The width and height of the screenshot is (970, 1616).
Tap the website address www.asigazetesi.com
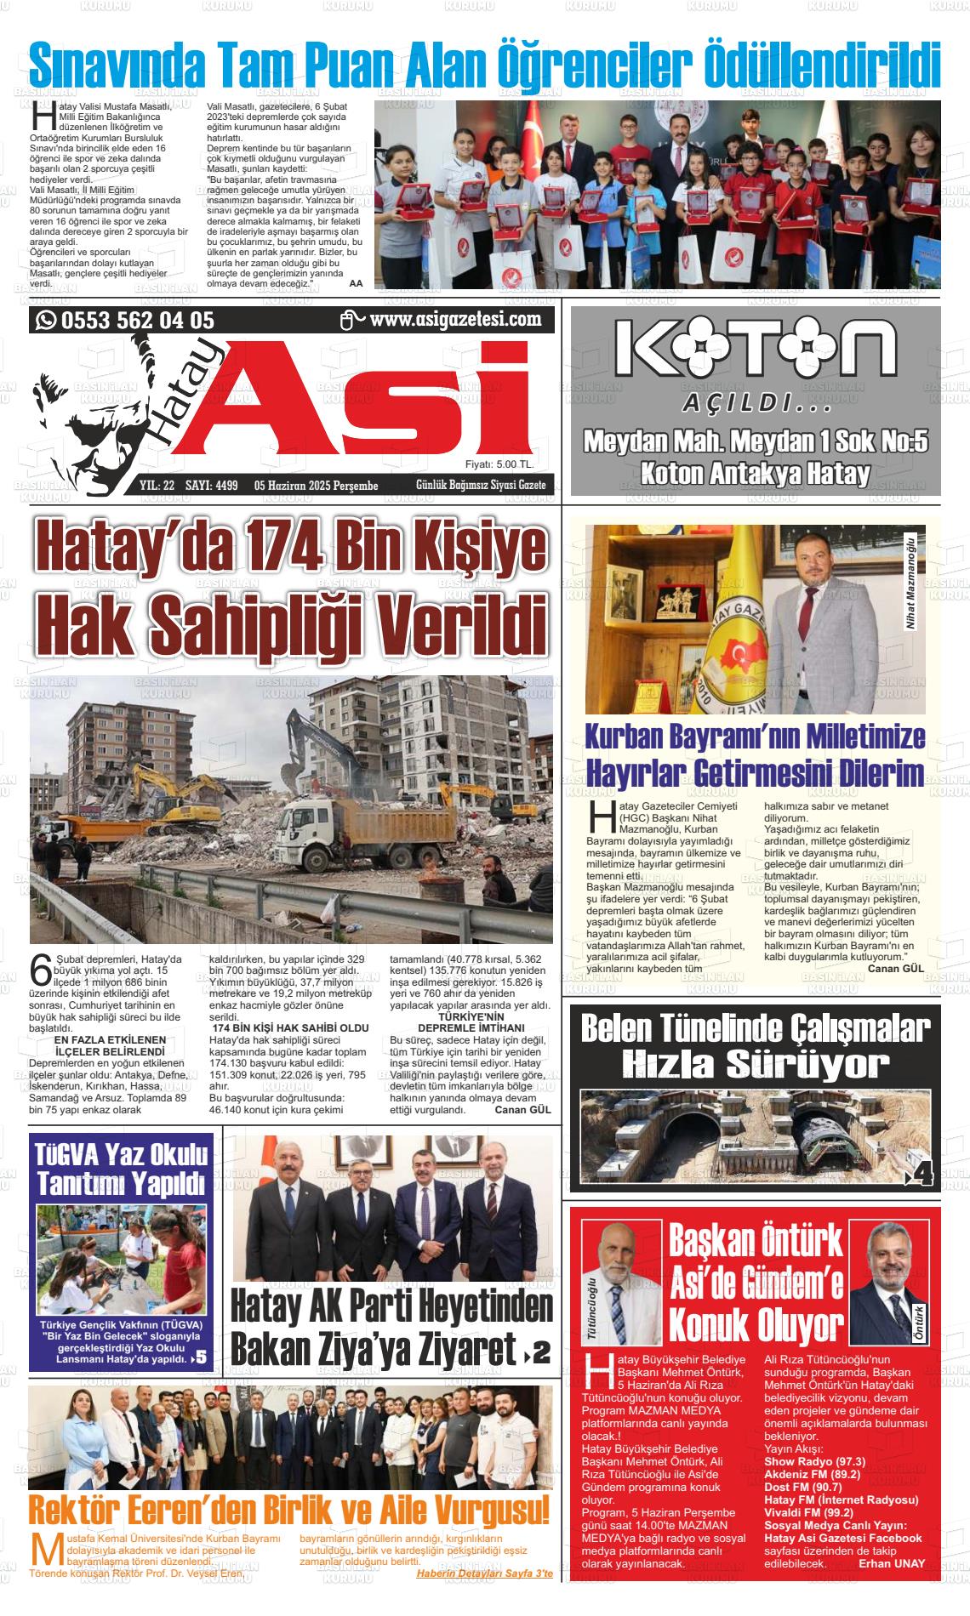(455, 320)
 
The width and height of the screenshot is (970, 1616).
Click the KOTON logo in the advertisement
(755, 351)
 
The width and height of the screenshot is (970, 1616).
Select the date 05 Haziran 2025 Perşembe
(316, 486)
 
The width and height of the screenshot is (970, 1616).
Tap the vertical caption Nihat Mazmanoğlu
(911, 583)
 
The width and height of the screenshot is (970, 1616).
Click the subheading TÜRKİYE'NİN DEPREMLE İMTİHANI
(471, 1022)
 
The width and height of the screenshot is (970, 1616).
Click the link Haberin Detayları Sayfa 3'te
(484, 1574)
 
